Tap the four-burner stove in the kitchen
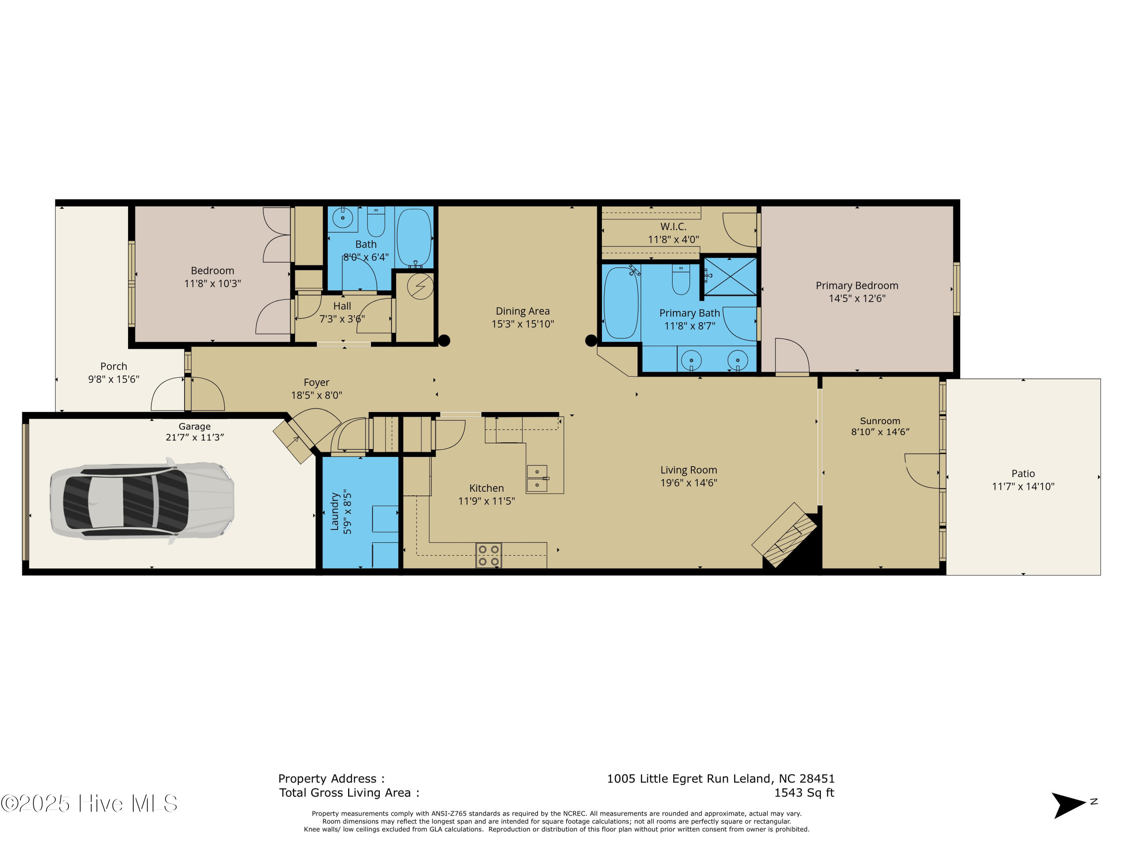tap(489, 555)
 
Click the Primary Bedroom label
tap(857, 286)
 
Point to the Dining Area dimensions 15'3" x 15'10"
tap(523, 324)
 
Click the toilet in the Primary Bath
tap(681, 279)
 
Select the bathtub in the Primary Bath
tap(621, 302)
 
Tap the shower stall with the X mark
tap(730, 277)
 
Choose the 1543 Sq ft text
tap(804, 793)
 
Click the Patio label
tap(1023, 473)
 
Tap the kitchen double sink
tap(537, 479)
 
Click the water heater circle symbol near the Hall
tap(420, 287)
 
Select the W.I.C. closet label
tap(673, 227)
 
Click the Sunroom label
tap(880, 421)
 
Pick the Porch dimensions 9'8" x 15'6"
tap(114, 379)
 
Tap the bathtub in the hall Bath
tap(414, 238)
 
